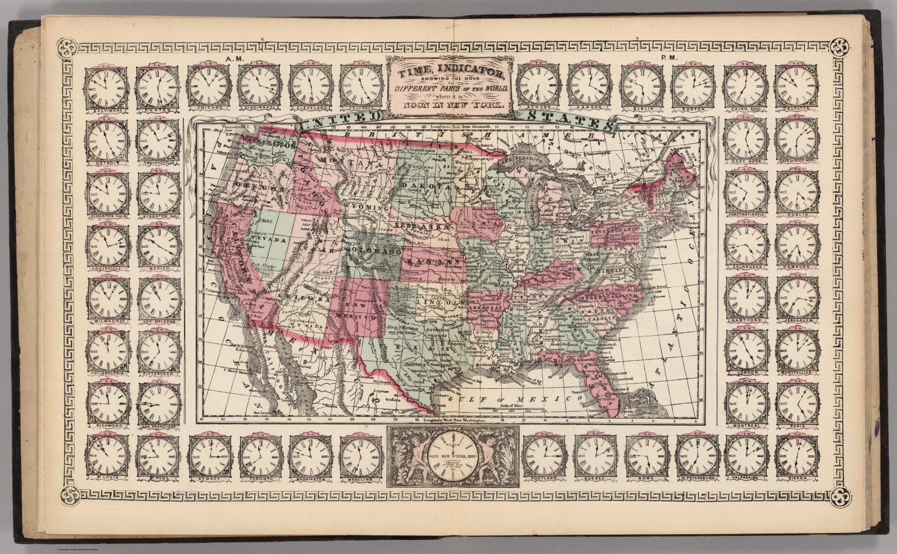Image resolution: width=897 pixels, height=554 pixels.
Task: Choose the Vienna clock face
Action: (x=797, y=457)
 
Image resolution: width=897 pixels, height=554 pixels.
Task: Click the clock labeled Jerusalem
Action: (x=797, y=298)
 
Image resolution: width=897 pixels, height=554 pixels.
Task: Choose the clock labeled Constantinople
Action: (x=746, y=193)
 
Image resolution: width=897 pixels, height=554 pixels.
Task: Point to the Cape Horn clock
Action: (x=746, y=139)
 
